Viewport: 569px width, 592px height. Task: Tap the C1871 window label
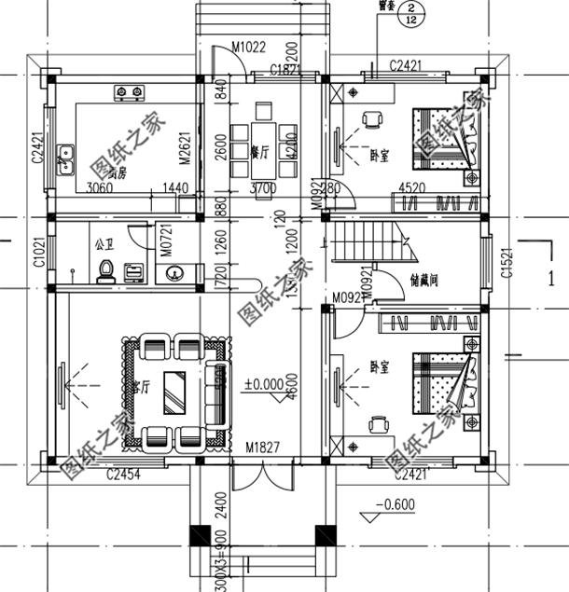284,70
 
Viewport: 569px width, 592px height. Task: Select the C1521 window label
506,262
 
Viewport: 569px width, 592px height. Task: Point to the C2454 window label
123,476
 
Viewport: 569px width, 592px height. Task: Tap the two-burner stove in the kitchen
129,92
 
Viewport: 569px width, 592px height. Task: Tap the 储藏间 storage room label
424,280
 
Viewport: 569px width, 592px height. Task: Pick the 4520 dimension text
413,188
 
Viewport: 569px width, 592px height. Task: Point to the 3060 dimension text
100,188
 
